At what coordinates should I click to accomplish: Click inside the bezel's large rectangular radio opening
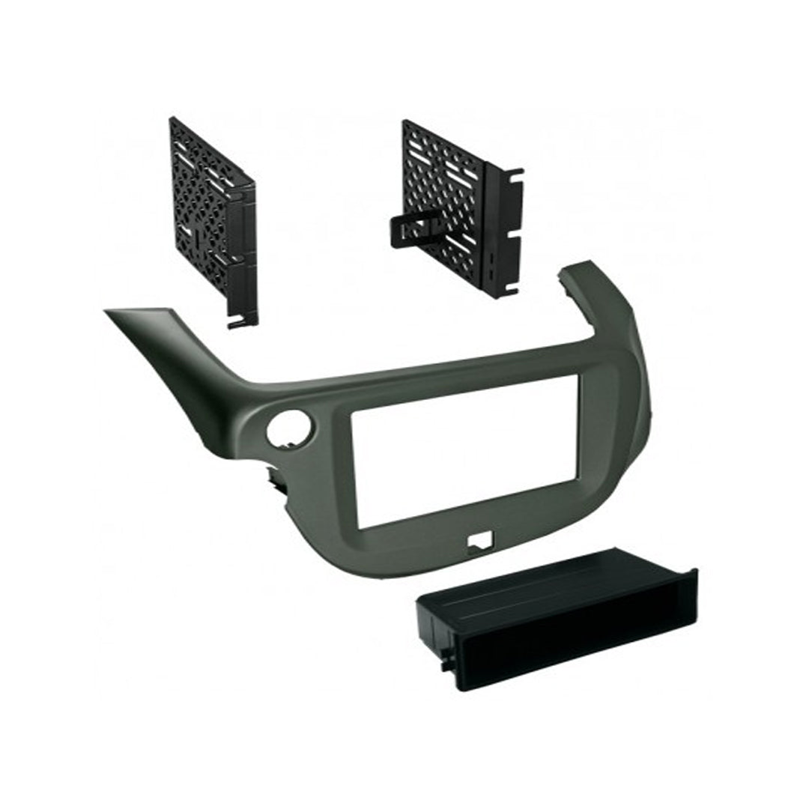click(464, 449)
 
